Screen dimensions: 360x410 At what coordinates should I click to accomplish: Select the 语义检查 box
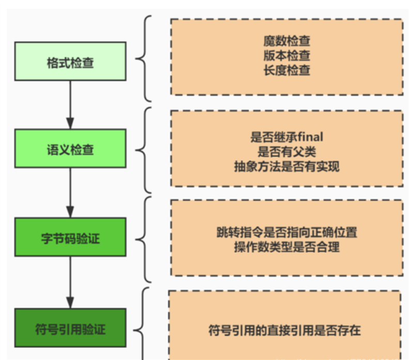[70, 150]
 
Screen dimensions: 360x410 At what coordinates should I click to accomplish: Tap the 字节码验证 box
[70, 239]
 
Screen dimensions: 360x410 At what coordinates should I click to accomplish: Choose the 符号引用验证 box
[70, 328]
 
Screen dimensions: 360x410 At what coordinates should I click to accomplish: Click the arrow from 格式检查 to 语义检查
[70, 106]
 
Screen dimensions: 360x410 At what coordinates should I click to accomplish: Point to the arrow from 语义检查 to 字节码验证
[70, 194]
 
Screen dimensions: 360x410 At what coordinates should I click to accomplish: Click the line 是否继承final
[286, 137]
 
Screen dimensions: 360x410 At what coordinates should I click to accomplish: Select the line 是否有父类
[286, 151]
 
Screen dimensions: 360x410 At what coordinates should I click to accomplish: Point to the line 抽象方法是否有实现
[286, 166]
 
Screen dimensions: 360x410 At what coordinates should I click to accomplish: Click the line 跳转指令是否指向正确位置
[286, 232]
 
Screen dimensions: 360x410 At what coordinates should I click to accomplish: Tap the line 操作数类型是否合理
[286, 247]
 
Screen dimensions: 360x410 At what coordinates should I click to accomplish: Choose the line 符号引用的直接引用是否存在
[284, 329]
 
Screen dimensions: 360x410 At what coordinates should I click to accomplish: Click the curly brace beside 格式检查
[144, 58]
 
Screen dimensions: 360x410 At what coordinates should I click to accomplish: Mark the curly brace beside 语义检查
[144, 150]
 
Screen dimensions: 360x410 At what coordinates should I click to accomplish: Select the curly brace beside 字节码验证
[144, 239]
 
